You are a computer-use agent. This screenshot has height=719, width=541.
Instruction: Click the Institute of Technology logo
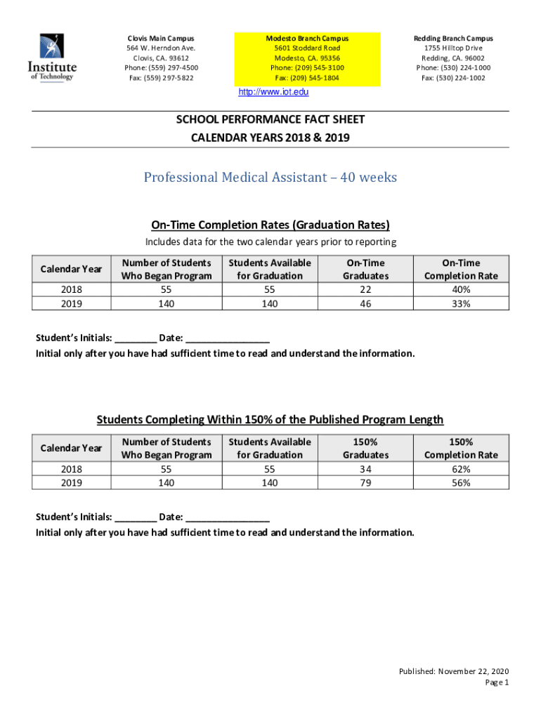pos(52,58)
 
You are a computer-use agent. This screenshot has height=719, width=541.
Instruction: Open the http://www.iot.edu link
pos(273,93)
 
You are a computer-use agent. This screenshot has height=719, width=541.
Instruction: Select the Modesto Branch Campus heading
pos(307,38)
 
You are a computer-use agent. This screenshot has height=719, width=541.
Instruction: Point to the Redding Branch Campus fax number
pos(453,78)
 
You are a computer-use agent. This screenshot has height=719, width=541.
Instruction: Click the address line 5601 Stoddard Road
pos(307,48)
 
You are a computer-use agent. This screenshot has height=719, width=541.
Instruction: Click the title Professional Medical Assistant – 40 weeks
pos(270,177)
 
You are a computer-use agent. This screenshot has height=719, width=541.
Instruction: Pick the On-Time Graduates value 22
pos(365,289)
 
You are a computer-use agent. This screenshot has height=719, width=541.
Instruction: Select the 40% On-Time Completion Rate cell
pos(461,289)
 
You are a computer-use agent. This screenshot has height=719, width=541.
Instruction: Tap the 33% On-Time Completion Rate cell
pos(461,303)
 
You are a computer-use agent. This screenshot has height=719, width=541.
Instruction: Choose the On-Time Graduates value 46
pos(365,303)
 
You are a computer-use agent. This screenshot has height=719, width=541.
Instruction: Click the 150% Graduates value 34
pos(365,469)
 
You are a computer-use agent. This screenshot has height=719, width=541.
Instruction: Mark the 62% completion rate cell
pos(461,469)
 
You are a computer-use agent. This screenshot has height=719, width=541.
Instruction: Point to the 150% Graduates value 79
pos(365,482)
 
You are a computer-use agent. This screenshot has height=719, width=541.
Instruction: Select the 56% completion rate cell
pos(461,482)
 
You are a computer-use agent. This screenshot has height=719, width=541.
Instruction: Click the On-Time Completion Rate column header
pos(461,269)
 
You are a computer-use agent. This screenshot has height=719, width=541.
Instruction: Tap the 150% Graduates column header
pos(365,448)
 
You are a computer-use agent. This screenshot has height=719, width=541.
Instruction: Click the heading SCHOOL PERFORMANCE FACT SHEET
pos(270,120)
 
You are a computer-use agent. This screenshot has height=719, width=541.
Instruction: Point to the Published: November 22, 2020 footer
pos(454,671)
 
